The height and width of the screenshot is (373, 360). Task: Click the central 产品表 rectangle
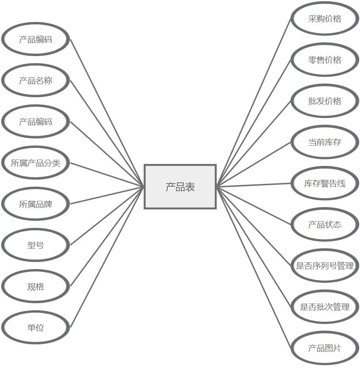[x=180, y=187]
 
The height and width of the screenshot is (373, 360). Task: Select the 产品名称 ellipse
[x=35, y=81]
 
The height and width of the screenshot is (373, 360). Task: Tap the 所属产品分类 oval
[x=35, y=163]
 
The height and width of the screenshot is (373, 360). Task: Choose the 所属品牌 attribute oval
[x=35, y=204]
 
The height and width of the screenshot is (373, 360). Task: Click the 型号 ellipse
[x=35, y=246]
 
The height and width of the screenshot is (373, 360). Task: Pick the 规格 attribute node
[x=35, y=287]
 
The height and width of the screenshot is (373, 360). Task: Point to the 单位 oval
[x=35, y=328]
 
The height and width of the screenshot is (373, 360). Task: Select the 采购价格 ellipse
[x=325, y=19]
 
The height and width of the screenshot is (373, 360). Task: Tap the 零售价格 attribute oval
[x=325, y=60]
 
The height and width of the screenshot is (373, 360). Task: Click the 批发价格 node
[x=325, y=101]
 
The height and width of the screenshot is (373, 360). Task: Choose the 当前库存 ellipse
[x=325, y=142]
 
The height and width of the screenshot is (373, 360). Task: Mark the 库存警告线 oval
[x=325, y=184]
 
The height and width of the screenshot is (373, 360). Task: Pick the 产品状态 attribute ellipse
[x=325, y=225]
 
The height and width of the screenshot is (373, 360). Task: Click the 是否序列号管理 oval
[x=325, y=266]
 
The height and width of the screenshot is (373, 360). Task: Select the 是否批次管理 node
[x=325, y=307]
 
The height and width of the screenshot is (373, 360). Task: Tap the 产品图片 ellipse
[x=325, y=348]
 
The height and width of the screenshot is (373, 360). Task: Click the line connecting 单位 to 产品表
[x=107, y=257]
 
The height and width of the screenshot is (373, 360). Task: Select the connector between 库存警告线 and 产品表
[x=254, y=185]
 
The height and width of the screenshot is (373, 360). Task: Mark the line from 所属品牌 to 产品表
[x=107, y=195]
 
